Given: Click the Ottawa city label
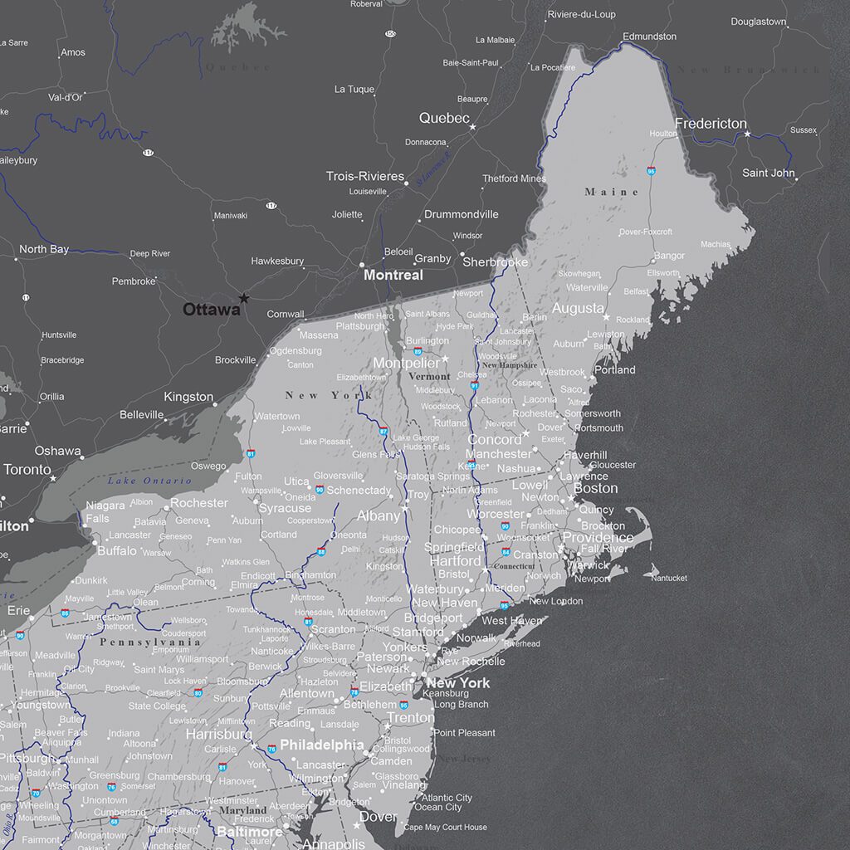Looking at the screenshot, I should point(212,310).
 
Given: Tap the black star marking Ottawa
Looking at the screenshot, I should point(243,298).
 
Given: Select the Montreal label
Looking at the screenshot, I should point(393,275).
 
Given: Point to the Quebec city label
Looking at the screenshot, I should point(444,119).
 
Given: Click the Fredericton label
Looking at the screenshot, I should point(711,124).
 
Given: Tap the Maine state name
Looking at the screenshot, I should point(612,192).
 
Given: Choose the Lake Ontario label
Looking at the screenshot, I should point(138,481).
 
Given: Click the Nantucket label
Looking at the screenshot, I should point(669,578).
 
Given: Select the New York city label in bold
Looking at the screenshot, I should point(457,683).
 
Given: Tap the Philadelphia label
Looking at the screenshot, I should point(321,745).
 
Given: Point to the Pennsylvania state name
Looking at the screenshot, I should point(150,642).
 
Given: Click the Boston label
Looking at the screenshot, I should point(595,488).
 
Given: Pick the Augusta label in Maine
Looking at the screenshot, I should point(578,308).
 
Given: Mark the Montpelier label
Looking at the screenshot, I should point(406,364).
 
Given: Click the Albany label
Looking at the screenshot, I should point(378,515).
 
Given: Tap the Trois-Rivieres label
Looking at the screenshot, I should point(364,177).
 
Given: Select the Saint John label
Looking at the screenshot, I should point(768,173).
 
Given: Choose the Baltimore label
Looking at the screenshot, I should point(249,831).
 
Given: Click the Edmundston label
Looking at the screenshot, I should point(649,37).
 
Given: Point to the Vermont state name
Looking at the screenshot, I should point(429,377).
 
